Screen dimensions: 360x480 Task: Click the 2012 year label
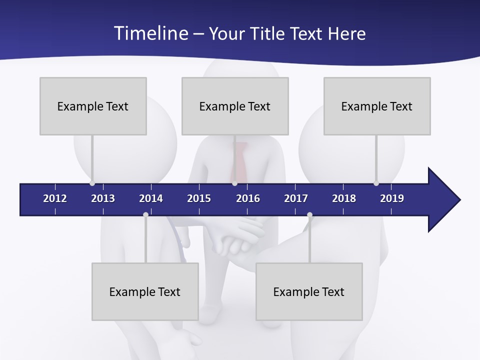click(55, 198)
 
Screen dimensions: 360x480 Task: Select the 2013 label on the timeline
click(103, 198)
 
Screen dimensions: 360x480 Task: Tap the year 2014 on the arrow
click(151, 198)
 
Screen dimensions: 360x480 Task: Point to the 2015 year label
click(199, 198)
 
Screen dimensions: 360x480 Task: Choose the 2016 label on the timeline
click(248, 198)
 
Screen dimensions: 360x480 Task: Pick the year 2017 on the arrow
click(296, 198)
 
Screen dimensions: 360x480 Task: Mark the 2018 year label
click(344, 198)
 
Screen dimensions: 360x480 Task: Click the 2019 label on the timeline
click(392, 198)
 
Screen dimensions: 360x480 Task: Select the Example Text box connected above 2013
click(93, 106)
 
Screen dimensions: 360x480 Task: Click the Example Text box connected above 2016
click(235, 106)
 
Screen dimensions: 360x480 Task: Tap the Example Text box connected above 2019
click(377, 106)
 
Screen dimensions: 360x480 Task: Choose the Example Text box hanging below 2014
click(145, 291)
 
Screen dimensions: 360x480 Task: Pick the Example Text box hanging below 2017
click(309, 291)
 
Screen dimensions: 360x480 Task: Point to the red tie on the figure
click(239, 160)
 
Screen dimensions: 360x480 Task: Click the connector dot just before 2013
click(92, 183)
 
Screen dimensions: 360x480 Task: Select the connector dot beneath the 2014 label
click(145, 215)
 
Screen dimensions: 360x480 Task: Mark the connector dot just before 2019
click(376, 183)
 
